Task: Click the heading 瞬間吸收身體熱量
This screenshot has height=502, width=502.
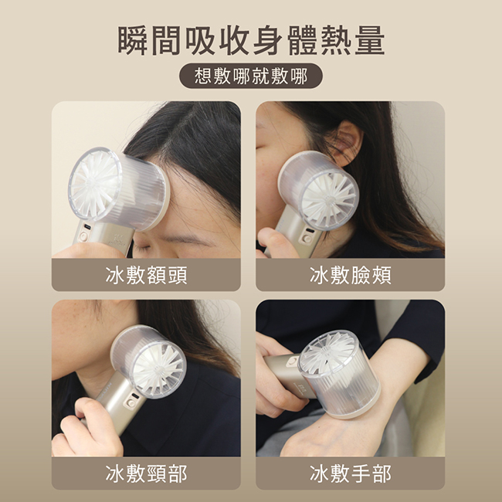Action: coord(251,41)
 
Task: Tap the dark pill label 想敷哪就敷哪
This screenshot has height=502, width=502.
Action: coord(251,76)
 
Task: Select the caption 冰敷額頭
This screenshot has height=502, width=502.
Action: coord(146,276)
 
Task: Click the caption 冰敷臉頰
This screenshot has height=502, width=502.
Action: coord(351,276)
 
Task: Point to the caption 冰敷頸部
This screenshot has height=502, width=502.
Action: coord(146,474)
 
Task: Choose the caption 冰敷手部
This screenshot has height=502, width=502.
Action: coord(351,474)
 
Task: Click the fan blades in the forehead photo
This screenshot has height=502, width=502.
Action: coord(95,185)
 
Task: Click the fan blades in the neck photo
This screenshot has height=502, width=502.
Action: coord(158,369)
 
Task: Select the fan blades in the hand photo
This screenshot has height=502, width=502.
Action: coord(327,353)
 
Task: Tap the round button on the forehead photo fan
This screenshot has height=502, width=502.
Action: coord(84,236)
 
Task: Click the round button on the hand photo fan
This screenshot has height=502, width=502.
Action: coord(292,361)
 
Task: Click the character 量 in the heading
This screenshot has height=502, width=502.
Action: coord(370,41)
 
